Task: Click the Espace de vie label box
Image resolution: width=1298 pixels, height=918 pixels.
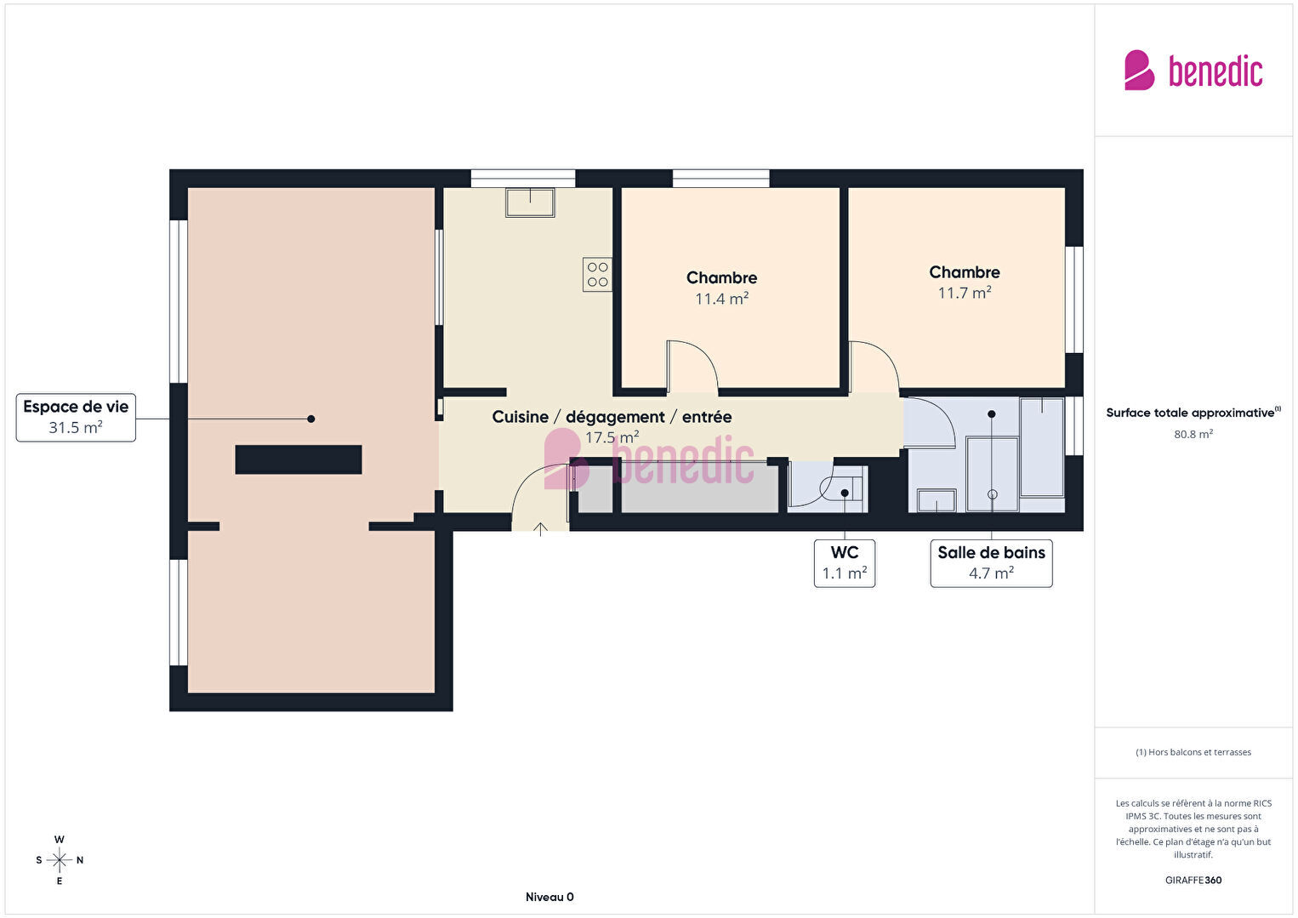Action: point(76,417)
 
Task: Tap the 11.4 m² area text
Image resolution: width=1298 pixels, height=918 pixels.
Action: point(721,299)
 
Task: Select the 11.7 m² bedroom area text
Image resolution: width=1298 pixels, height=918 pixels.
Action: point(965,293)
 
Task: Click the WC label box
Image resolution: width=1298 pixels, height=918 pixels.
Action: point(845,563)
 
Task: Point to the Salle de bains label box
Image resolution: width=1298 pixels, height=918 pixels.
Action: point(991,563)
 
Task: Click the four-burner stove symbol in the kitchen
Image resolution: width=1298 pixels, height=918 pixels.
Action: point(597,275)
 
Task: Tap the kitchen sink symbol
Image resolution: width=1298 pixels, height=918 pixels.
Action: point(530,202)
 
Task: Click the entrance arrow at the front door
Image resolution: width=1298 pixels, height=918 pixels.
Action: point(540,529)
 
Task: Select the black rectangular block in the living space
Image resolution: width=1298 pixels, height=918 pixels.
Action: point(299,459)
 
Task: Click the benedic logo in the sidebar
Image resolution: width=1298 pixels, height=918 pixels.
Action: point(1193,71)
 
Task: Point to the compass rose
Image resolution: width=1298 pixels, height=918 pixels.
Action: point(59,860)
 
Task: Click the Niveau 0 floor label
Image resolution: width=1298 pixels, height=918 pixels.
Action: point(549,897)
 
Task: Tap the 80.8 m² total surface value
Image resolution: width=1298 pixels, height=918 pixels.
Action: point(1193,434)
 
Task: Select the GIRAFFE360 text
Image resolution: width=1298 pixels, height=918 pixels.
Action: point(1193,880)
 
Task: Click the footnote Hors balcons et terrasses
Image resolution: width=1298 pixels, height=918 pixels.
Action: point(1193,752)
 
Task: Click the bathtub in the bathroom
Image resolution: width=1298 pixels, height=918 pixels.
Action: point(1042,447)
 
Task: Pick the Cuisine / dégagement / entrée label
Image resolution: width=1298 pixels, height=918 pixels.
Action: point(612,417)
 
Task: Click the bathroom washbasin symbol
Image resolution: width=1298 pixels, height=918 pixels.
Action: point(936,501)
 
